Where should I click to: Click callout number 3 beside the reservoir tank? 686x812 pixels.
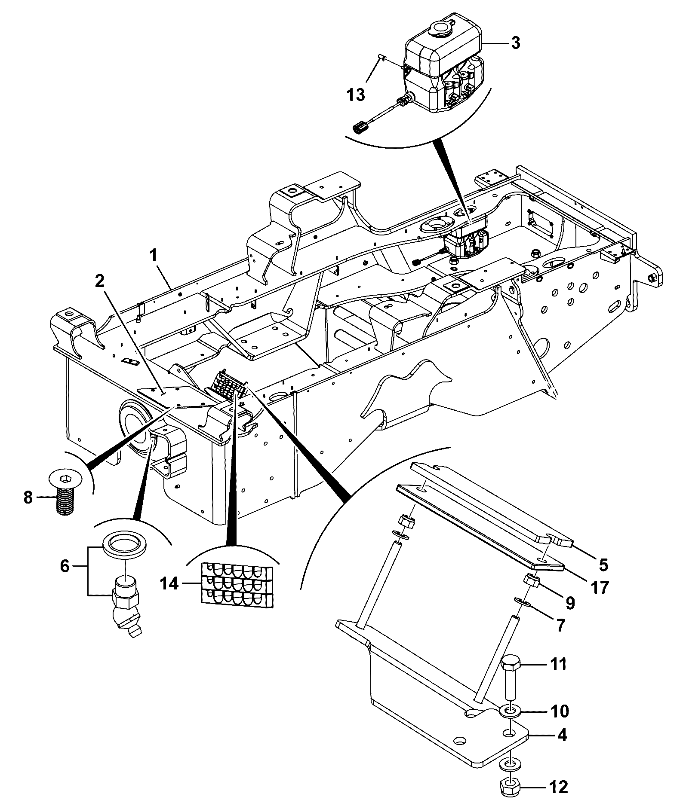tap(514, 43)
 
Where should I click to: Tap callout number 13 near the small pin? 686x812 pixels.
tap(356, 95)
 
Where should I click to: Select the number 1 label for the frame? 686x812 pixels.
tap(153, 256)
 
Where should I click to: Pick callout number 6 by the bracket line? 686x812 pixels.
tap(65, 566)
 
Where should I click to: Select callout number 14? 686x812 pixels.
tap(170, 584)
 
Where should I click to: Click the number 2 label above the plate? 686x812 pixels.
tap(99, 281)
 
